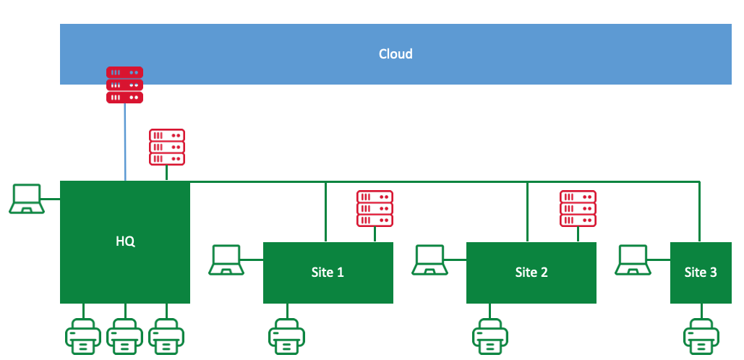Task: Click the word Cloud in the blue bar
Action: click(395, 54)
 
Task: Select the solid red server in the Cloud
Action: click(125, 85)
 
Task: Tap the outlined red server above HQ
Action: click(167, 147)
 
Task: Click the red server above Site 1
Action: click(375, 208)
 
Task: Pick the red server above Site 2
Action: click(578, 208)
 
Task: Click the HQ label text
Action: click(125, 241)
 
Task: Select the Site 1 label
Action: click(328, 273)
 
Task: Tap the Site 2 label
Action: click(531, 273)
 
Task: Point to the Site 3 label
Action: click(701, 273)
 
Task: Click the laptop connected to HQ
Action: click(27, 199)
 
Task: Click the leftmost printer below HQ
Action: click(84, 336)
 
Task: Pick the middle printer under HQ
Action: click(125, 336)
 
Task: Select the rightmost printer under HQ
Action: click(167, 336)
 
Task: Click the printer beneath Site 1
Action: click(287, 336)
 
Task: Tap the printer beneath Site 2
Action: click(491, 336)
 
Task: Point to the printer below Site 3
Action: click(701, 336)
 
